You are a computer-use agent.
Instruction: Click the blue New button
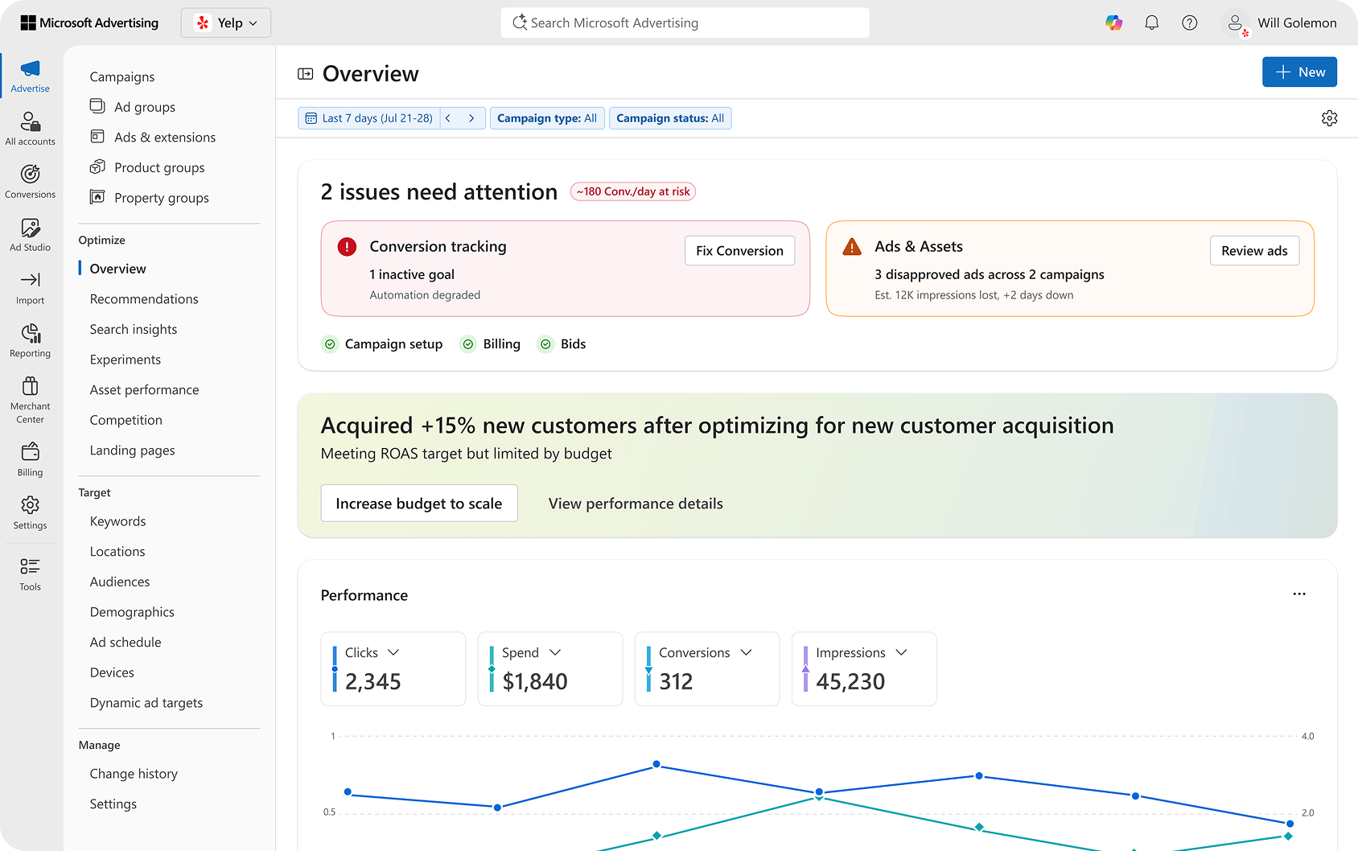[1299, 72]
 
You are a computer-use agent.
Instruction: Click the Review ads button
[1253, 251]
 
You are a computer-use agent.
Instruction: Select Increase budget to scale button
[418, 504]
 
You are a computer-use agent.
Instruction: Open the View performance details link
[636, 504]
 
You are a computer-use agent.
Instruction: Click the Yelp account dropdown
[226, 23]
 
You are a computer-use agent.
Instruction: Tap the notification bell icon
[1151, 23]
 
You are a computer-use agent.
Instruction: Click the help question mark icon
[1189, 23]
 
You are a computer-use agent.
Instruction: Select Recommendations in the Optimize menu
[144, 299]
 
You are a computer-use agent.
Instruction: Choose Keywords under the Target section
[118, 521]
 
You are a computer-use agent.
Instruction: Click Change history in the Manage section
[134, 774]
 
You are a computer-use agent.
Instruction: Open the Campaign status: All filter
[669, 118]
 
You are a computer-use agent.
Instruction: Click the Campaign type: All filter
[546, 118]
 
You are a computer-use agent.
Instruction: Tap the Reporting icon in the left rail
[31, 340]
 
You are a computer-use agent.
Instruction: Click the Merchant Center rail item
[31, 400]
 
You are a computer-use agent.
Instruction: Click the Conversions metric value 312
[676, 682]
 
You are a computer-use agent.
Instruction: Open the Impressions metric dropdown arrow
[901, 652]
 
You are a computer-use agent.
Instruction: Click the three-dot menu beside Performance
[1298, 594]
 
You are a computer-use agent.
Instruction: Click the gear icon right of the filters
[1329, 118]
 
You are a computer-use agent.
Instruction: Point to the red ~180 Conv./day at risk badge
[633, 191]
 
